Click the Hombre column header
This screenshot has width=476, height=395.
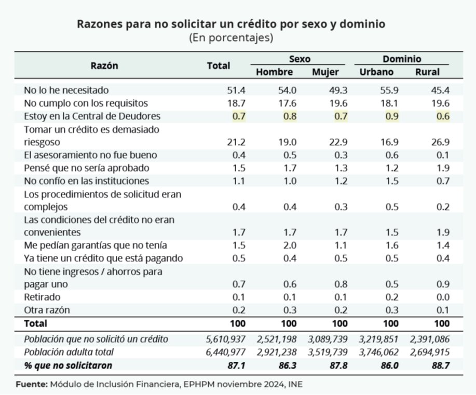(274, 72)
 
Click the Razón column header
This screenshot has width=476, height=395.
(104, 65)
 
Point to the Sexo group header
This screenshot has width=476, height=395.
(300, 59)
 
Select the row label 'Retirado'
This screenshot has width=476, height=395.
(42, 297)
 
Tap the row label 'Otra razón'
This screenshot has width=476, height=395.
(47, 310)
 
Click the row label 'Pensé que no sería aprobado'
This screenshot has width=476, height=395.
(87, 168)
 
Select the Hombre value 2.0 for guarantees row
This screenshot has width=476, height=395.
(289, 245)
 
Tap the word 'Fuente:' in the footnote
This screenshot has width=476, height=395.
(31, 385)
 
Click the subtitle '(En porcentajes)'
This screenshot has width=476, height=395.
(231, 38)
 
